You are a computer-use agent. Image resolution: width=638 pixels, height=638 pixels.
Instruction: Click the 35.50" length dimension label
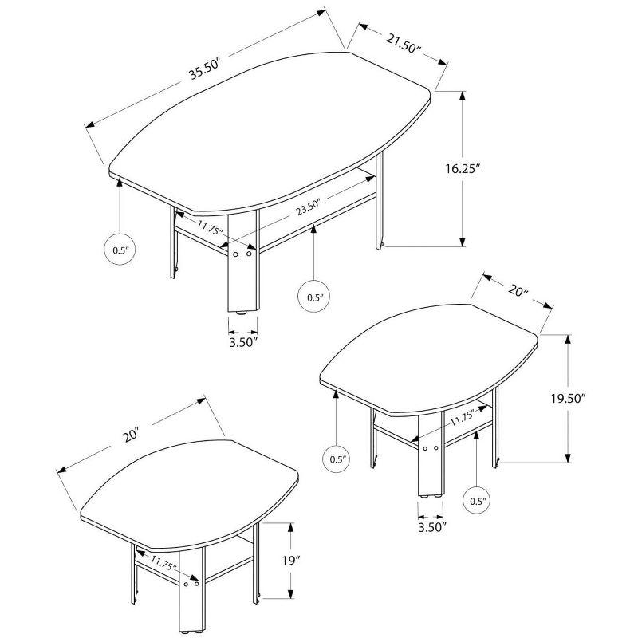[x=204, y=69]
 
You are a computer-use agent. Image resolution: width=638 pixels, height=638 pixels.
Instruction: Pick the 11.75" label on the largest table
[x=211, y=228]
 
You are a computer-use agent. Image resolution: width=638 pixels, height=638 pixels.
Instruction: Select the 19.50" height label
[x=599, y=399]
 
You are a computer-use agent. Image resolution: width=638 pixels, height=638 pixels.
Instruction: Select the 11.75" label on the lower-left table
[x=163, y=563]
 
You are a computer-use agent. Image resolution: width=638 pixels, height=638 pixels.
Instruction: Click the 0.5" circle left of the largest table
[x=120, y=250]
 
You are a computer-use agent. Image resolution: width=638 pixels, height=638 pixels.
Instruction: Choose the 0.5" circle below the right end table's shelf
[x=478, y=501]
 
